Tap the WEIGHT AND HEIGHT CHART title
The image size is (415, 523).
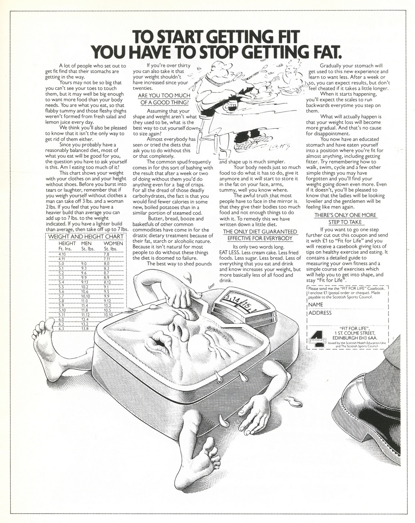click(x=86, y=236)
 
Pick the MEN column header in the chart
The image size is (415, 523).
click(x=86, y=243)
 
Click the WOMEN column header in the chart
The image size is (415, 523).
click(x=113, y=243)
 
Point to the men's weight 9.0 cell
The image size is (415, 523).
click(x=84, y=263)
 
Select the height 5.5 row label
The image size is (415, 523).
click(x=61, y=287)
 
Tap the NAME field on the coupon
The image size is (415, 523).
click(x=347, y=304)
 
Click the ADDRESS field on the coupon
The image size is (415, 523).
click(x=347, y=313)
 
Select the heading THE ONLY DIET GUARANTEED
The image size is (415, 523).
click(x=260, y=232)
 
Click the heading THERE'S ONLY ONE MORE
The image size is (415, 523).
click(x=345, y=215)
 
